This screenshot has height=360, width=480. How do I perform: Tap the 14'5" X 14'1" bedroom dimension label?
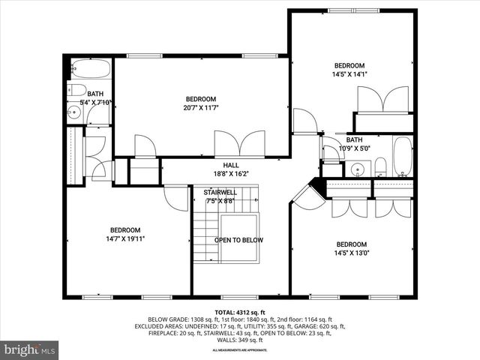pyautogui.click(x=349, y=74)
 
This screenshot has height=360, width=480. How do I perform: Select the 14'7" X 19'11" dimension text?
pyautogui.click(x=126, y=239)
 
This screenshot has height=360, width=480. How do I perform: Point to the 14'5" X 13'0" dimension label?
pyautogui.click(x=351, y=253)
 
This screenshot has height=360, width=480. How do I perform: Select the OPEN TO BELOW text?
pyautogui.click(x=238, y=240)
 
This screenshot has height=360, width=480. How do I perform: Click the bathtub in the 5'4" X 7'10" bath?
pyautogui.click(x=90, y=69)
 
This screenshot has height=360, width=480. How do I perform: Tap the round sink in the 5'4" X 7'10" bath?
pyautogui.click(x=73, y=114)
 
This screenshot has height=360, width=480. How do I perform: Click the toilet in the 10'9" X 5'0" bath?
pyautogui.click(x=380, y=166)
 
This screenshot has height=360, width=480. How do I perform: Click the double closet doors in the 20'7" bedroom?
pyautogui.click(x=239, y=144)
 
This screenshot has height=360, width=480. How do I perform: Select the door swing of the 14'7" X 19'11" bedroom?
pyautogui.click(x=175, y=197)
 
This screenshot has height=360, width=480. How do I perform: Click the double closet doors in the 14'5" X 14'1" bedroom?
pyautogui.click(x=382, y=100)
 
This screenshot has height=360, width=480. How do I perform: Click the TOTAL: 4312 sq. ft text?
pyautogui.click(x=239, y=311)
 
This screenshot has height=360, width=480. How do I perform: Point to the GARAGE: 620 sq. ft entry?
pyautogui.click(x=323, y=326)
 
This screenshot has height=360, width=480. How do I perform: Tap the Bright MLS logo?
pyautogui.click(x=30, y=349)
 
